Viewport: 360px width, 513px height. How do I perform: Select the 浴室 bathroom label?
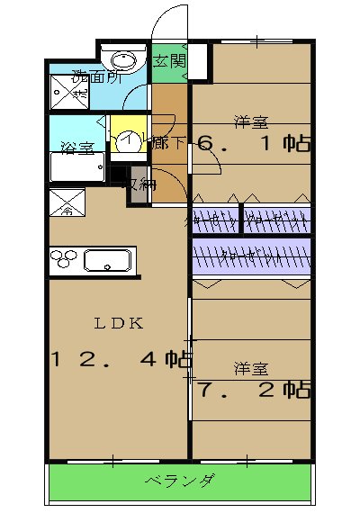(77, 148)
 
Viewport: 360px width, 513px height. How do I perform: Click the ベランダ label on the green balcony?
(180, 481)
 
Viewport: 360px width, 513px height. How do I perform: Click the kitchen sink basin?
(108, 262)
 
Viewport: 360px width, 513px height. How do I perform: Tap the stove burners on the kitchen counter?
(66, 261)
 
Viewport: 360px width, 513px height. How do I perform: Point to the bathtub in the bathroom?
(78, 168)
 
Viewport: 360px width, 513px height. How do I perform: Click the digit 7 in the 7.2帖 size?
(206, 391)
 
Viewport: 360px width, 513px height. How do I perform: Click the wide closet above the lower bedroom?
(251, 256)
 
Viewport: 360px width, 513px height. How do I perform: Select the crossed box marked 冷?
(67, 205)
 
